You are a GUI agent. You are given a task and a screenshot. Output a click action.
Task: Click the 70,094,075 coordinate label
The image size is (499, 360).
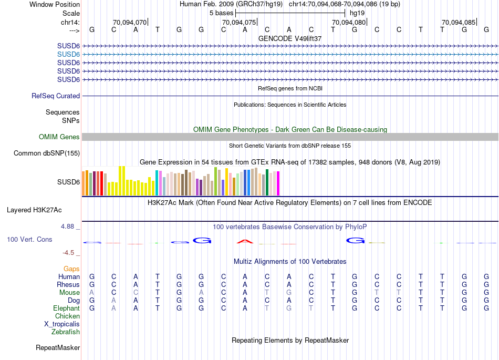pyautogui.click(x=238, y=22)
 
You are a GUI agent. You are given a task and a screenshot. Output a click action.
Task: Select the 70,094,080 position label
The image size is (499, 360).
pyautogui.click(x=349, y=22)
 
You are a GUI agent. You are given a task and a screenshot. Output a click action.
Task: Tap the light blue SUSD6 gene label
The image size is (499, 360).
pyautogui.click(x=68, y=54)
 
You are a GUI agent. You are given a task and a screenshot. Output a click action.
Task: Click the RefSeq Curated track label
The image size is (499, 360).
pyautogui.click(x=56, y=96)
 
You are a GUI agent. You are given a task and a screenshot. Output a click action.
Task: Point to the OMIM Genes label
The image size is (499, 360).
pyautogui.click(x=59, y=137)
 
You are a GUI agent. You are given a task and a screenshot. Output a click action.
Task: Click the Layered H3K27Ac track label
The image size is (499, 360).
pyautogui.click(x=34, y=210)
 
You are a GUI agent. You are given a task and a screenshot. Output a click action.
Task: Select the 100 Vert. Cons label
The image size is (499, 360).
pyautogui.click(x=29, y=239)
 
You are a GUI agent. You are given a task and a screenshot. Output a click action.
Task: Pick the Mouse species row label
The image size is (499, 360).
pyautogui.click(x=69, y=292)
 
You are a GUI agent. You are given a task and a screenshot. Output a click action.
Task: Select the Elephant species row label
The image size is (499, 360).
pyautogui.click(x=66, y=308)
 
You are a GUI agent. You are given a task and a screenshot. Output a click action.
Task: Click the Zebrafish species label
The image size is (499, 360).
pyautogui.click(x=66, y=332)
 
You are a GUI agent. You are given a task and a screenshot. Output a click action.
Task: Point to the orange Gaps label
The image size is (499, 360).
pyautogui.click(x=71, y=269)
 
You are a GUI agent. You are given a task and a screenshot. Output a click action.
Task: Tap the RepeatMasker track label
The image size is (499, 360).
pyautogui.click(x=58, y=347)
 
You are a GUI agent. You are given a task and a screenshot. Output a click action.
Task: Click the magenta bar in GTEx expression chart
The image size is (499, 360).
pyautogui.click(x=278, y=183)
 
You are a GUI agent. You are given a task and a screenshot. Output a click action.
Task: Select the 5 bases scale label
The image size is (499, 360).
pyautogui.click(x=221, y=13)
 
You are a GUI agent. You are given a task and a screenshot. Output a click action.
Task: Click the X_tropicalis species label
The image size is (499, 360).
pyautogui.click(x=62, y=324)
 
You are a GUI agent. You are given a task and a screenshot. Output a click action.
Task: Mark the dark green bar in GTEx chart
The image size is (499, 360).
pyautogui.click(x=267, y=182)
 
